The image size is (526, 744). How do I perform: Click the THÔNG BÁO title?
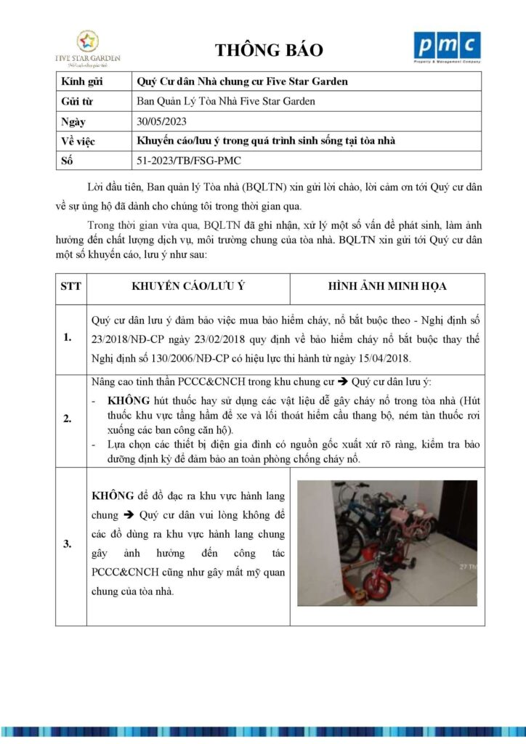pyautogui.click(x=269, y=50)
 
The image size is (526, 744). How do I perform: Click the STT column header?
pyautogui.click(x=71, y=286)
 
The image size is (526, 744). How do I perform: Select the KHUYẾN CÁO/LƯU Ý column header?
pyautogui.click(x=187, y=286)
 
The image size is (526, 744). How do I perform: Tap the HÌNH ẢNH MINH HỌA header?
pyautogui.click(x=387, y=286)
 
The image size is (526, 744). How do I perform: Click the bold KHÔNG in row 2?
pyautogui.click(x=128, y=400)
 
